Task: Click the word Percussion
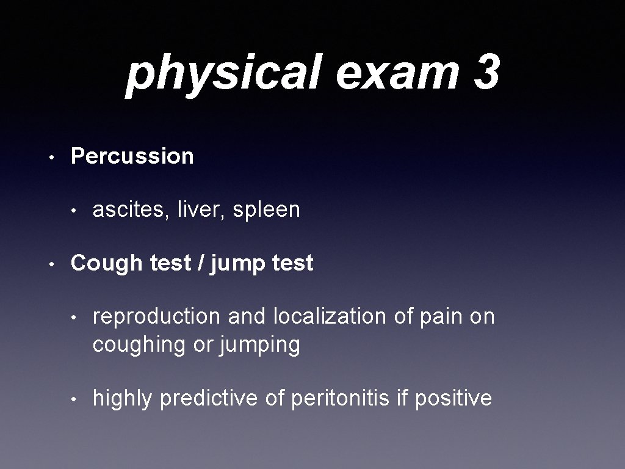(132, 156)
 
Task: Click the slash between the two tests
(201, 263)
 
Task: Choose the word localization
(330, 317)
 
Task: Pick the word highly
(122, 399)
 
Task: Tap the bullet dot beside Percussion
(53, 158)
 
